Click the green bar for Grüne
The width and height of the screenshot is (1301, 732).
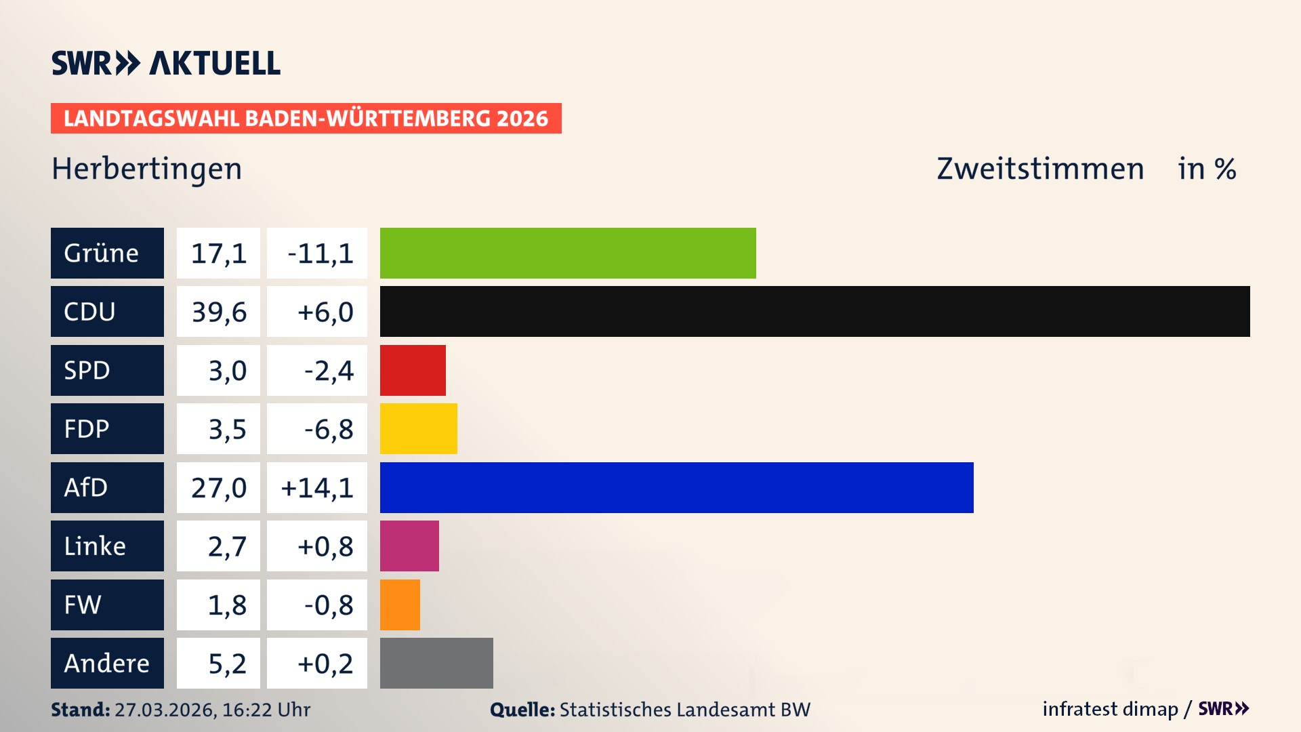(x=568, y=253)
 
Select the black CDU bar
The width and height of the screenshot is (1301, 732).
(x=814, y=311)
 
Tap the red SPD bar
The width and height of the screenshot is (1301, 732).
(x=413, y=370)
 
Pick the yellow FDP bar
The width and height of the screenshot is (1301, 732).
(x=418, y=428)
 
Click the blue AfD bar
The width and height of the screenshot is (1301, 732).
(x=676, y=487)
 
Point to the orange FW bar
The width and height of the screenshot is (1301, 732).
(x=400, y=605)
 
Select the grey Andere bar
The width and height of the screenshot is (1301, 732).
(x=436, y=663)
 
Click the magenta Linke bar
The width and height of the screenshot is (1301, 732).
(x=409, y=546)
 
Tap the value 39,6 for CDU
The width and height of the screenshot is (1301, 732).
(x=219, y=312)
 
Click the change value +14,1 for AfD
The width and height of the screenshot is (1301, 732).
(x=317, y=488)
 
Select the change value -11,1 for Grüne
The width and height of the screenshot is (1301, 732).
(x=320, y=253)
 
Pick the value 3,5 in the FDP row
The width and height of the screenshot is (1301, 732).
(x=227, y=429)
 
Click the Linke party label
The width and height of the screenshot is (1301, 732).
(x=95, y=546)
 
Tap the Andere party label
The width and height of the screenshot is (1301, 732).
(x=106, y=663)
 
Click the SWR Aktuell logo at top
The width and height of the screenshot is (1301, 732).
(x=165, y=63)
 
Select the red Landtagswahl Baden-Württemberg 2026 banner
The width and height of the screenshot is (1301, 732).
(x=306, y=119)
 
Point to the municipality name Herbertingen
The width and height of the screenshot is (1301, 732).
(x=146, y=169)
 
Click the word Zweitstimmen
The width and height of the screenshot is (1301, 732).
(x=1040, y=169)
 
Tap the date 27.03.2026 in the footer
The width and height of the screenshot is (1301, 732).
(x=165, y=710)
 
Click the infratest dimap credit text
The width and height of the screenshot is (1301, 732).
(x=1109, y=709)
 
